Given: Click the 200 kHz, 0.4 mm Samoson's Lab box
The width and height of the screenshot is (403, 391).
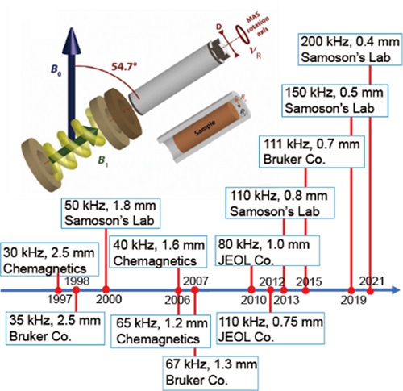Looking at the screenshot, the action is tap(350, 49).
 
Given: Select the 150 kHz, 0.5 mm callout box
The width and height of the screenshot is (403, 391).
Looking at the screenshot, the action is tap(334, 101).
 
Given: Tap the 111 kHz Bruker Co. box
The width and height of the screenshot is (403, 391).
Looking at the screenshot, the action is tap(312, 152).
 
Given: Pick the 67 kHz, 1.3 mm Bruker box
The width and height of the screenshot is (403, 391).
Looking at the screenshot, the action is tap(210, 372).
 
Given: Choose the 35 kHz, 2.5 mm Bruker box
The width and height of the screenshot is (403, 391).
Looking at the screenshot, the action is tap(56, 328).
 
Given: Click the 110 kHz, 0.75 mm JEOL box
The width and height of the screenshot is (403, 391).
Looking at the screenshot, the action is tap(270, 328).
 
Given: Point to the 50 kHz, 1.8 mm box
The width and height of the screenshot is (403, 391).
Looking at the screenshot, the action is tap(110, 214).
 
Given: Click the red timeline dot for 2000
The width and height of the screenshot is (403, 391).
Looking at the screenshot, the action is tap(106, 290).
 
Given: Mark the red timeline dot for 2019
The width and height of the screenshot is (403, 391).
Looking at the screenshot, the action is tap(351, 290).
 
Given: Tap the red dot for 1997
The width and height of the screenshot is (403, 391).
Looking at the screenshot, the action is tap(58, 290).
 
